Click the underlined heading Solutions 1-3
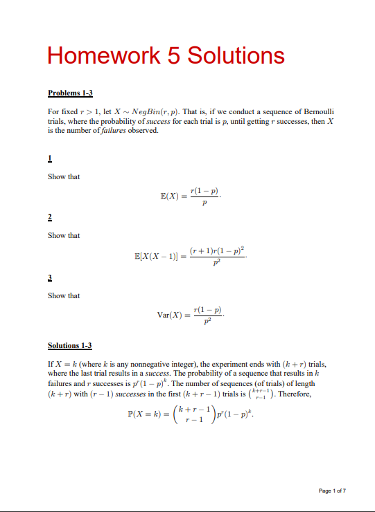pyautogui.click(x=69, y=345)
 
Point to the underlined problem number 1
pyautogui.click(x=49, y=158)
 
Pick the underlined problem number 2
pyautogui.click(x=49, y=217)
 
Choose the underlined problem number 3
pyautogui.click(x=49, y=277)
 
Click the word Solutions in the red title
pyautogui.click(x=236, y=55)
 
